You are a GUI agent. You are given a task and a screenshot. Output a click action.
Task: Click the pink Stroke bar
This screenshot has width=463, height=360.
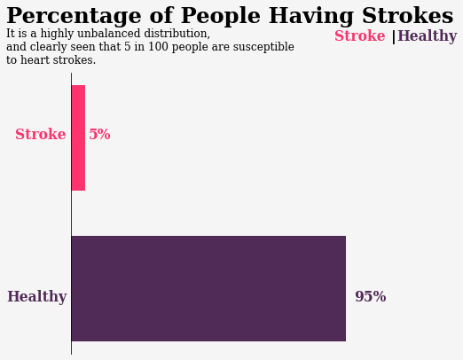tap(78, 137)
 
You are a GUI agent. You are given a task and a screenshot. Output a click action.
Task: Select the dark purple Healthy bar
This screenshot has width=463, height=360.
tap(208, 288)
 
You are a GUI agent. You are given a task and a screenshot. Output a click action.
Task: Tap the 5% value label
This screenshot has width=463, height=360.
tap(99, 134)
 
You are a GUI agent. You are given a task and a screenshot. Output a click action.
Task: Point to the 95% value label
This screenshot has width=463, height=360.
tap(371, 296)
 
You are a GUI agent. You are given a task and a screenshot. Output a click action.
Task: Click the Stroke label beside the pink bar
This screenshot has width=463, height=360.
tap(41, 134)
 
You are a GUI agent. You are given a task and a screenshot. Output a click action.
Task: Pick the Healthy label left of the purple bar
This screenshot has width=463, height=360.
tap(37, 296)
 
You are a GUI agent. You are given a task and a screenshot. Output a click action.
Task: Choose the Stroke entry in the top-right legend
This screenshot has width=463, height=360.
tap(360, 35)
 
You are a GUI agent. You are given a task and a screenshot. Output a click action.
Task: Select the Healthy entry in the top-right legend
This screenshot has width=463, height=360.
tap(428, 36)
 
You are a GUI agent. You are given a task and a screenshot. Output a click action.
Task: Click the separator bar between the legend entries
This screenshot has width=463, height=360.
tap(393, 37)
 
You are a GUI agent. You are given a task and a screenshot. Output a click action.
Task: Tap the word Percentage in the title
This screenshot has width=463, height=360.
tap(74, 16)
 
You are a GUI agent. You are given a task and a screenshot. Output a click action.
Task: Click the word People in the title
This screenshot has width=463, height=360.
tap(221, 15)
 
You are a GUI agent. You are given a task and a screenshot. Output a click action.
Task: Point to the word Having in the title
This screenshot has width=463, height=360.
tap(311, 16)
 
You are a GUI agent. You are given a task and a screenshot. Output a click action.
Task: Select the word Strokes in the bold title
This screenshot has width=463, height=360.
tap(408, 15)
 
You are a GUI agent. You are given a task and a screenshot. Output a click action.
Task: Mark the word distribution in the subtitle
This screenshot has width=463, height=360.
tap(177, 34)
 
